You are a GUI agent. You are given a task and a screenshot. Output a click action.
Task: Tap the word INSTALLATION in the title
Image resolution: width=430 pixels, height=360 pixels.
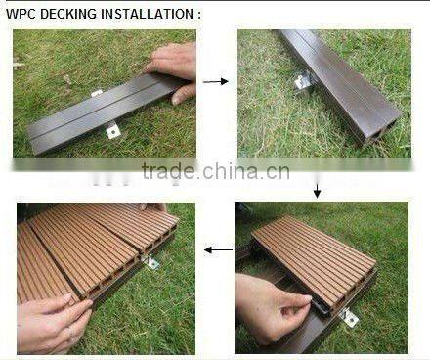(x=148, y=15)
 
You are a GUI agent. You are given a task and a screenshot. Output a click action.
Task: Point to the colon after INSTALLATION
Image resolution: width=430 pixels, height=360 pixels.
(x=198, y=15)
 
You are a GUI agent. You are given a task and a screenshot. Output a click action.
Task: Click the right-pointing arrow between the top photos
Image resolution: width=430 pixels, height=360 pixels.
(x=216, y=81)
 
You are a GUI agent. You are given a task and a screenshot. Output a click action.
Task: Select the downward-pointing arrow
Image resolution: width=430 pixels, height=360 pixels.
(x=317, y=189)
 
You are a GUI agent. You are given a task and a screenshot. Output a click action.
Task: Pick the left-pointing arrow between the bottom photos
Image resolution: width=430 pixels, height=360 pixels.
(x=217, y=249)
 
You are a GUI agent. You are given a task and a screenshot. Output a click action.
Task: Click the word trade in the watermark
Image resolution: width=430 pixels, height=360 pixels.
(x=169, y=172)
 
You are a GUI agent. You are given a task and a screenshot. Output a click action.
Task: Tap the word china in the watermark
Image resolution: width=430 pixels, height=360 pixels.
(x=235, y=172)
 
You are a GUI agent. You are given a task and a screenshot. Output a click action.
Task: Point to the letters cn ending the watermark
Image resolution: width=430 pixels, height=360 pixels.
(x=279, y=172)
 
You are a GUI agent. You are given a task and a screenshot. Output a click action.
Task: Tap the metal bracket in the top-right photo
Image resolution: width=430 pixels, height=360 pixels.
(x=304, y=81)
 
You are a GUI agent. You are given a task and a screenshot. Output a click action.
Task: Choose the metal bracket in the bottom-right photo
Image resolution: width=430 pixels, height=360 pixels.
(x=349, y=317)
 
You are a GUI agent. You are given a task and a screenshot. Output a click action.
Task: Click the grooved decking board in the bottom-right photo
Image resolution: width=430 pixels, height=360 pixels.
(x=313, y=259)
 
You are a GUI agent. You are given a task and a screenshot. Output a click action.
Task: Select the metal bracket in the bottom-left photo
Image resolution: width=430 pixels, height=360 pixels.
(x=151, y=261)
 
